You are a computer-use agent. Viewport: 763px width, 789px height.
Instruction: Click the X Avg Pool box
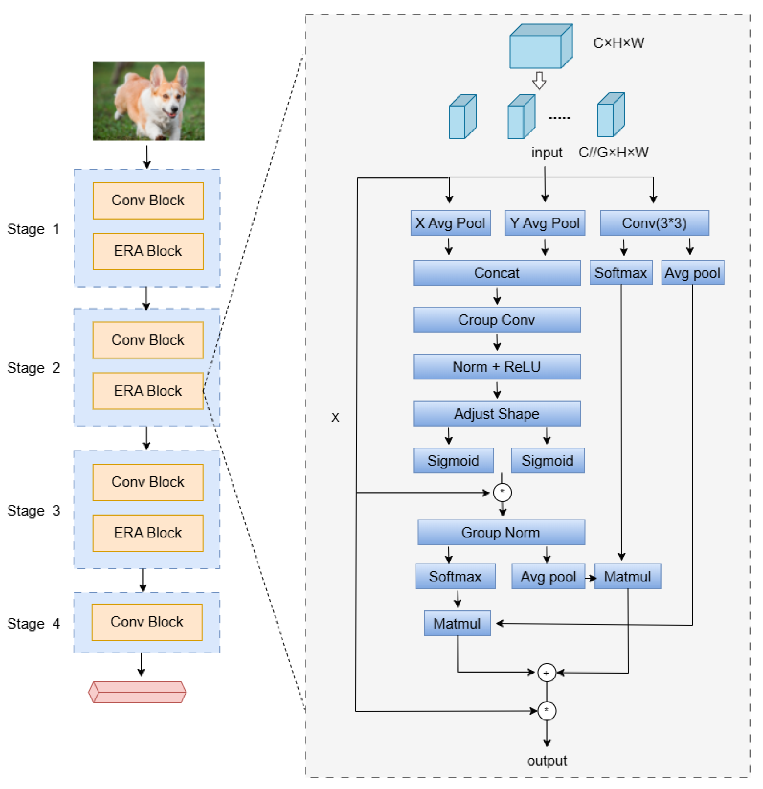pos(450,223)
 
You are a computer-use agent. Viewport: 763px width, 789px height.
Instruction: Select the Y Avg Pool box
pos(545,223)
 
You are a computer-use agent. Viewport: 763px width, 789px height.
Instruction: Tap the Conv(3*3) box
pos(654,223)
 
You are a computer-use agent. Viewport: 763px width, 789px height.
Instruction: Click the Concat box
pos(497,273)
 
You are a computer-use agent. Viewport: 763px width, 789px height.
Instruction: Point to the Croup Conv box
pos(497,320)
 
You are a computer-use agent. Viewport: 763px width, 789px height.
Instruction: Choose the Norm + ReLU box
pos(497,367)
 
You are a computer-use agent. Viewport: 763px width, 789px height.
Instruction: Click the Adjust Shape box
pos(497,414)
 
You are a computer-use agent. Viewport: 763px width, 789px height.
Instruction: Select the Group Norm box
pos(501,533)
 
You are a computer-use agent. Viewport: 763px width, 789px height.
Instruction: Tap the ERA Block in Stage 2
pos(148,391)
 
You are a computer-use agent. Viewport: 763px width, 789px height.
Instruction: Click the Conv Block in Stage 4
pos(147,622)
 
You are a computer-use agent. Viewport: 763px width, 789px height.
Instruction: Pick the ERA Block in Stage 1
pos(148,251)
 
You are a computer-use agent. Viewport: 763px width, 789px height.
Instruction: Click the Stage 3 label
pos(33,510)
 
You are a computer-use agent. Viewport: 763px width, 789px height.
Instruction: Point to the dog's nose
pos(175,109)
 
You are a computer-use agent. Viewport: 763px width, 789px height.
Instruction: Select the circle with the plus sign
pos(546,673)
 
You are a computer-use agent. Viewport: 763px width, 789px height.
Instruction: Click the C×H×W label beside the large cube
pos(618,43)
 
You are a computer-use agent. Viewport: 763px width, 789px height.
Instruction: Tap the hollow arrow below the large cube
pos(539,81)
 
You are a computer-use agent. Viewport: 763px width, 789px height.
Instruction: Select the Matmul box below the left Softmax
pos(457,623)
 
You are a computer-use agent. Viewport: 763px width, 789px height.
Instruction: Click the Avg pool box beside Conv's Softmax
pos(692,273)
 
